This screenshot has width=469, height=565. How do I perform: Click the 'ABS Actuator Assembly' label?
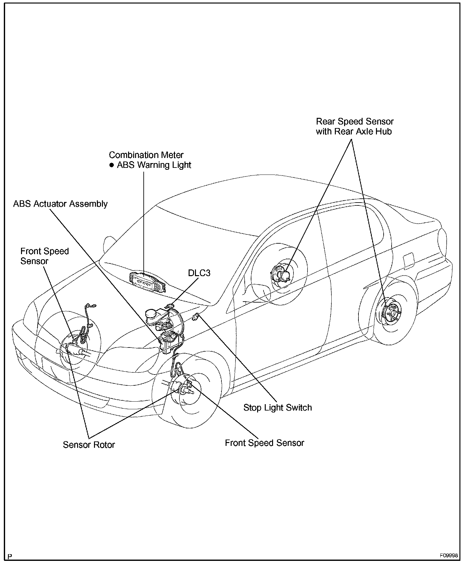(x=60, y=204)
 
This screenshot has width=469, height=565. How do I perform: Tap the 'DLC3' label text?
(x=199, y=273)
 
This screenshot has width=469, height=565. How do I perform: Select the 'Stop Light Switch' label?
(x=278, y=408)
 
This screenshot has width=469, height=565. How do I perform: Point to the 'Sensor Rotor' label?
(x=89, y=445)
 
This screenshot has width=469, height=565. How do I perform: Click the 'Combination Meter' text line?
(x=146, y=155)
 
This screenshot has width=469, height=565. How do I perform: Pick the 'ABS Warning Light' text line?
(x=154, y=165)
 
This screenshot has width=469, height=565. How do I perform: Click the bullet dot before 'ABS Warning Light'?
(x=112, y=165)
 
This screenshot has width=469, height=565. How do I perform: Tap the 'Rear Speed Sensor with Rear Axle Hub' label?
(x=355, y=126)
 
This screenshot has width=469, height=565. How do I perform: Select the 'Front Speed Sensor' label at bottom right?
(x=264, y=443)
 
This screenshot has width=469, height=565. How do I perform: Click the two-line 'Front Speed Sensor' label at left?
(x=45, y=256)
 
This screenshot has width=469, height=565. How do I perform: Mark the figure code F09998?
(x=449, y=556)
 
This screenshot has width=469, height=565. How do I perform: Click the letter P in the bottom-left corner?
(x=10, y=557)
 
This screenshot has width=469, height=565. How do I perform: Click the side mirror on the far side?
(x=109, y=245)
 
